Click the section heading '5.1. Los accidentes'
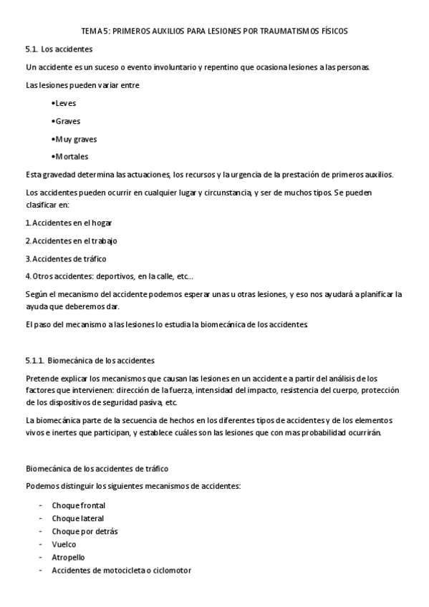58,49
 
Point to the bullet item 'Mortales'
71,157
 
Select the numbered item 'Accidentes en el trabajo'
74,241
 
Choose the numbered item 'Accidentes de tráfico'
69,258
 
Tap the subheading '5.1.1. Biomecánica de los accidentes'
90,360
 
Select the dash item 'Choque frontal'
78,505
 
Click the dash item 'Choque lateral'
77,518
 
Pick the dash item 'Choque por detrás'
85,531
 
